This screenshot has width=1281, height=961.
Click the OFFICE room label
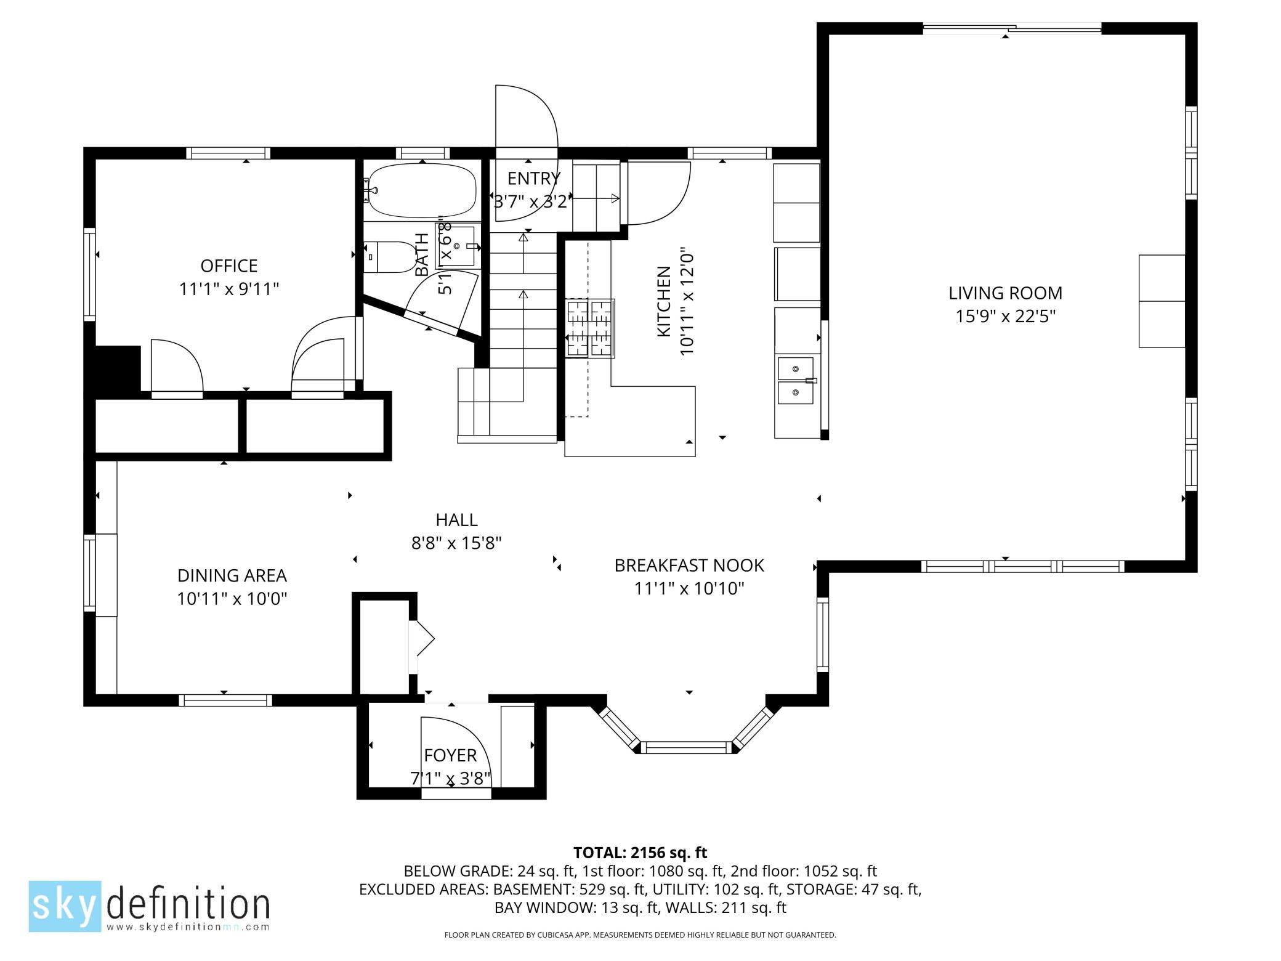[x=229, y=266]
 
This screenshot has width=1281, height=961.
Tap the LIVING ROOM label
[x=1005, y=293]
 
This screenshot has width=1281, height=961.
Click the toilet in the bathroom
[x=390, y=257]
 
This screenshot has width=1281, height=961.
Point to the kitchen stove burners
[x=590, y=328]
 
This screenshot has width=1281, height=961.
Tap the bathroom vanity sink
[x=458, y=246]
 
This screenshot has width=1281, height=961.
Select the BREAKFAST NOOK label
[x=689, y=566]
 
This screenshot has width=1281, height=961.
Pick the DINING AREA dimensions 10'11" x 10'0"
[x=232, y=599]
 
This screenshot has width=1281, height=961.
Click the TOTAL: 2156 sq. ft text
[x=640, y=853]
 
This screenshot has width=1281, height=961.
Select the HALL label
[x=456, y=520]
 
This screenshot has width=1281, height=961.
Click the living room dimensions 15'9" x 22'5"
[x=1005, y=317]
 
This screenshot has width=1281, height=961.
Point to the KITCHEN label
[x=664, y=301]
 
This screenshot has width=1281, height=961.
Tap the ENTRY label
[x=534, y=179]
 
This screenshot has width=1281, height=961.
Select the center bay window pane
[x=686, y=748]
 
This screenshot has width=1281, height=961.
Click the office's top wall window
[x=228, y=153]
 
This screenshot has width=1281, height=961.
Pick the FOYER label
[x=450, y=755]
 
